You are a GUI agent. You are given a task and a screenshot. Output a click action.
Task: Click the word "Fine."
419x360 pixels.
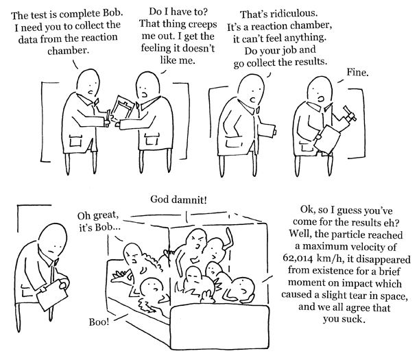[357, 72]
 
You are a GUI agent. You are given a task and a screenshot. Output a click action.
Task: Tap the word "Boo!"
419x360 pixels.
[99, 322]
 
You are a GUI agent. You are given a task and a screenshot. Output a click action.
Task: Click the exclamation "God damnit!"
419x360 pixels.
[178, 200]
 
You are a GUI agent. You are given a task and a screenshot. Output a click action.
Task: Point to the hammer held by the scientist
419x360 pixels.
[349, 115]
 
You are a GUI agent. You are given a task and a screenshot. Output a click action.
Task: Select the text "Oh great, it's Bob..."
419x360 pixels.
[99, 221]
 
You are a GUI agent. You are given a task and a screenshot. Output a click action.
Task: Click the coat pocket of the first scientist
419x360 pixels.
[75, 141]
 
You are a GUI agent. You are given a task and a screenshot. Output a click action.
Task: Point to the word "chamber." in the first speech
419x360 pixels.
[68, 50]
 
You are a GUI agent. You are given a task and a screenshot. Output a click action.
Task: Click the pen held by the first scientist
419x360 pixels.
[108, 117]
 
